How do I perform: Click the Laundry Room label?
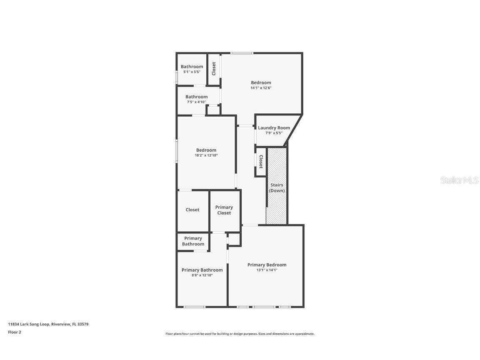pos(274,128)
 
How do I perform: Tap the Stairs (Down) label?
pos(277,187)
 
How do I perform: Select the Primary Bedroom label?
pos(267,265)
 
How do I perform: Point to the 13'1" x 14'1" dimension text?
pos(267,270)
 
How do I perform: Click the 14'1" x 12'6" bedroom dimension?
pos(261,88)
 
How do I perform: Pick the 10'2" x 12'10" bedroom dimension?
pos(206,155)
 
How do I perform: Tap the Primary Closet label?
pos(224,210)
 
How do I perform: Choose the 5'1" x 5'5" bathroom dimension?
pos(192,72)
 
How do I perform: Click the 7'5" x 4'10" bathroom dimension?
pos(196,102)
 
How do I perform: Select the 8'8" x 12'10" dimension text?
pos(202,275)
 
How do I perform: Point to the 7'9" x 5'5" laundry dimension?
pos(274,133)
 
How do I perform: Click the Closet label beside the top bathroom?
pos(214,69)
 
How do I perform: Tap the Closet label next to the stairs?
pos(261,162)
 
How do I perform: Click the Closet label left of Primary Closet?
pos(192,210)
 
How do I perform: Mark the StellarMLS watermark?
pos(459,180)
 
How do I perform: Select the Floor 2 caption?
pos(14,332)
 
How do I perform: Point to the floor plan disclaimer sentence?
pos(240,334)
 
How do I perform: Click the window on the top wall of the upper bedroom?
pos(242,53)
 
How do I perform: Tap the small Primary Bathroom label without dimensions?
pos(193,241)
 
